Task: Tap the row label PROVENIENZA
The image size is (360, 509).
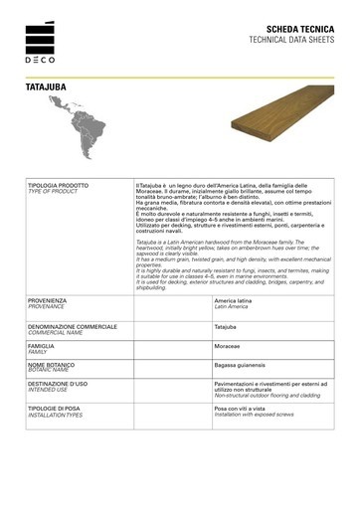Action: pos(48,270)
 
